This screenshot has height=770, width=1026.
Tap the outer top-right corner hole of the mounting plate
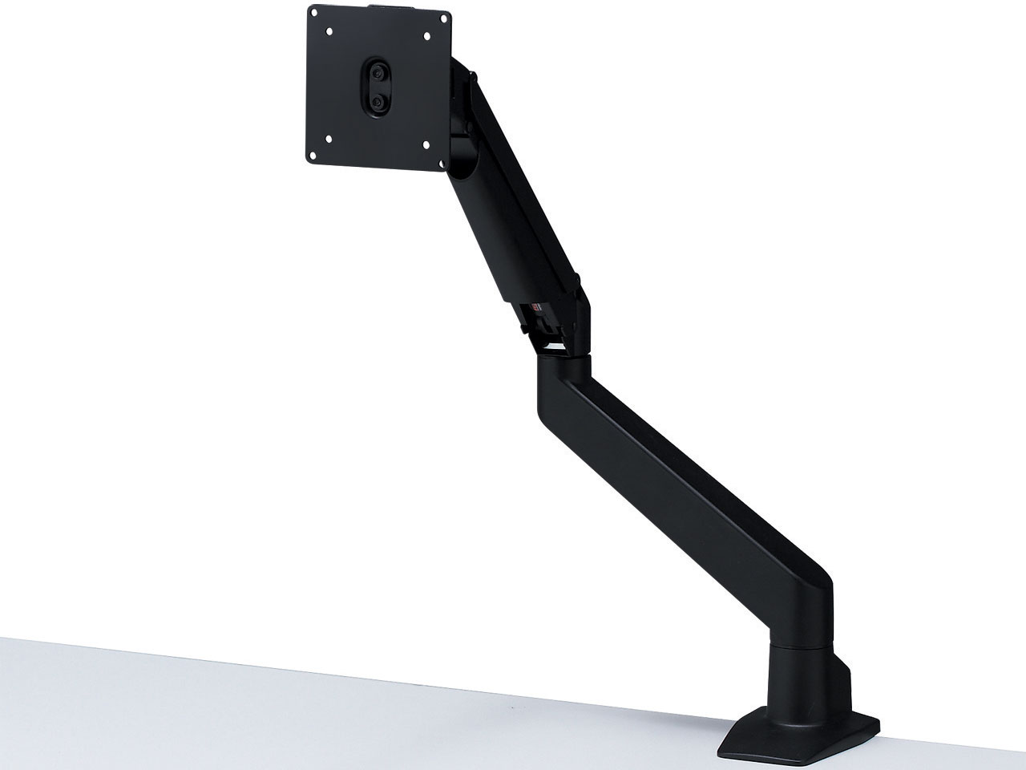tap(441, 16)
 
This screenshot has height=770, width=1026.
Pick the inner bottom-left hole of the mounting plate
tap(327, 138)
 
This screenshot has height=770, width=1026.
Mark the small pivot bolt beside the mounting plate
tap(474, 78)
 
